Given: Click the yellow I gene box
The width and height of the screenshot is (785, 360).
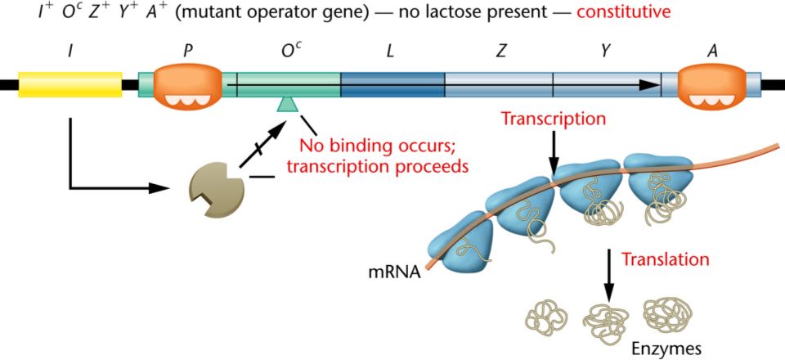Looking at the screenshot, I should coord(70,84).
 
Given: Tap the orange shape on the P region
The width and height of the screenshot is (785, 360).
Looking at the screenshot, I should coord(187,84).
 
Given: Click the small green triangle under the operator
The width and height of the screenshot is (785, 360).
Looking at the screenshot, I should coord(287,103).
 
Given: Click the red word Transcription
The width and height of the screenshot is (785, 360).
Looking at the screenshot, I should coord(554,119).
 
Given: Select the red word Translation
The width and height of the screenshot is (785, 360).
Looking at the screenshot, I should coord(665,260).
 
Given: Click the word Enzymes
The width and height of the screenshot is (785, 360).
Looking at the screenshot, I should coord(666,348).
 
